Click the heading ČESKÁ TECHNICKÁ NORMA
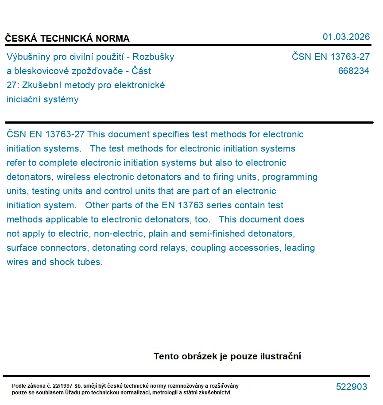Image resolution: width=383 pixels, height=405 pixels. pyautogui.click(x=67, y=39)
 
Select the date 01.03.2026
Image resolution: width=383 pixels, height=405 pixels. pyautogui.click(x=346, y=37)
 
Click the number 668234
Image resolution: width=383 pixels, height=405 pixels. pyautogui.click(x=353, y=71)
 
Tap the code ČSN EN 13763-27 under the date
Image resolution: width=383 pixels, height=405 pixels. pyautogui.click(x=330, y=57)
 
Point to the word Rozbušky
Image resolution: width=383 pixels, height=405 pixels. pyautogui.click(x=153, y=57)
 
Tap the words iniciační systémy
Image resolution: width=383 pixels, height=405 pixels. pyautogui.click(x=43, y=99)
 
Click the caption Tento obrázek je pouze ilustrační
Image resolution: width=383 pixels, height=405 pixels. pyautogui.click(x=227, y=356)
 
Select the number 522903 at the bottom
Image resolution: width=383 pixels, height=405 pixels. pyautogui.click(x=351, y=387)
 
